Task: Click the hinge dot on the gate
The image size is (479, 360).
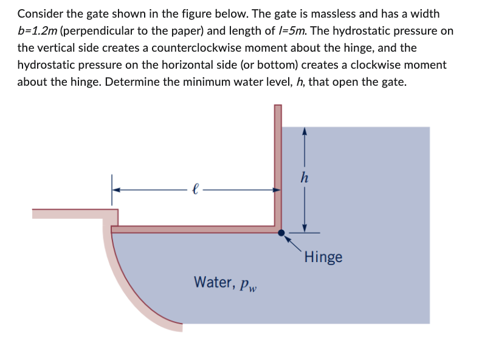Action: pyautogui.click(x=280, y=232)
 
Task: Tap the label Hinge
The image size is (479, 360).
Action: pyautogui.click(x=323, y=257)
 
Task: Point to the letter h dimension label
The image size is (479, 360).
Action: pyautogui.click(x=304, y=179)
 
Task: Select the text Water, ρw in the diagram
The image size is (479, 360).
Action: pyautogui.click(x=226, y=283)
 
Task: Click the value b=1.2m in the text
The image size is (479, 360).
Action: pyautogui.click(x=38, y=30)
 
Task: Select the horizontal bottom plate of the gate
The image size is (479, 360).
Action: pyautogui.click(x=195, y=229)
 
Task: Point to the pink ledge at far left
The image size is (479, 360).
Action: pyautogui.click(x=73, y=213)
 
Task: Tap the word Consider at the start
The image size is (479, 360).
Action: pyautogui.click(x=39, y=13)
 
